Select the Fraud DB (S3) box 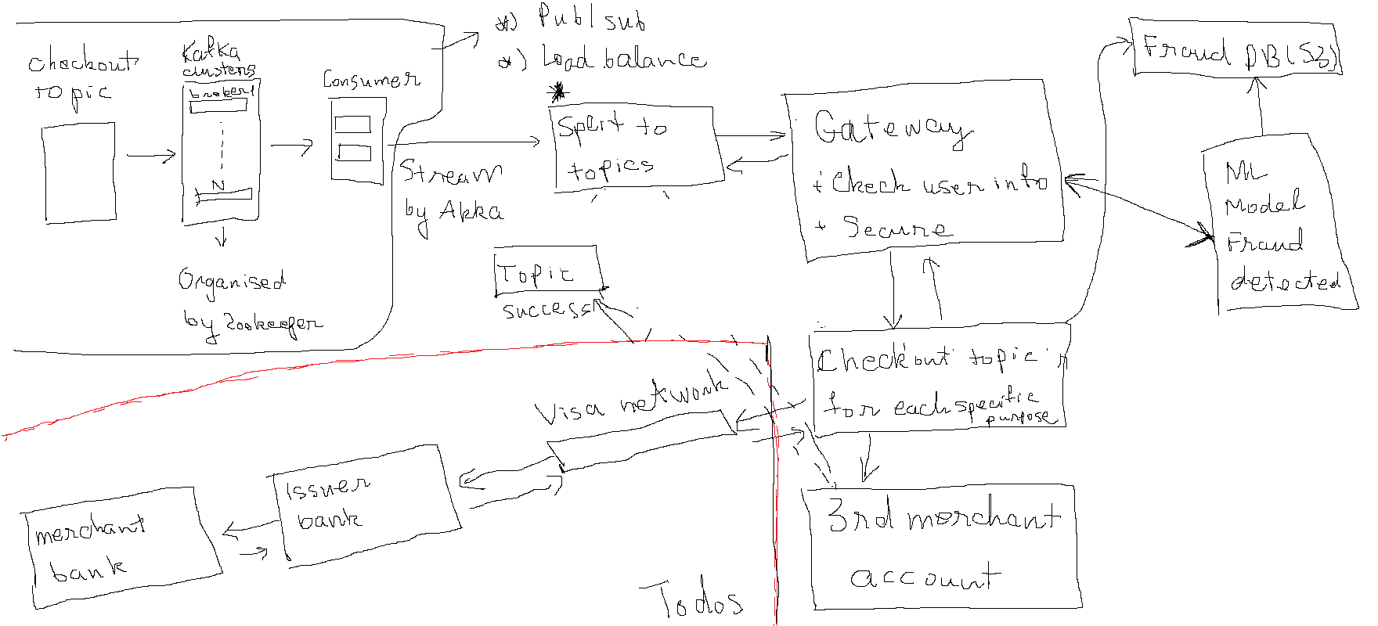tap(1237, 52)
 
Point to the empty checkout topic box tap(79, 173)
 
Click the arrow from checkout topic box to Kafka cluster tap(151, 156)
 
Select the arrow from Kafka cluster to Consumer tap(291, 146)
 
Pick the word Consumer tap(371, 80)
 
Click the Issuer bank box tap(364, 505)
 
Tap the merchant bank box tap(117, 548)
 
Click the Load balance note tap(622, 59)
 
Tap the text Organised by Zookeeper tap(247, 301)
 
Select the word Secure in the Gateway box tap(896, 228)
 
